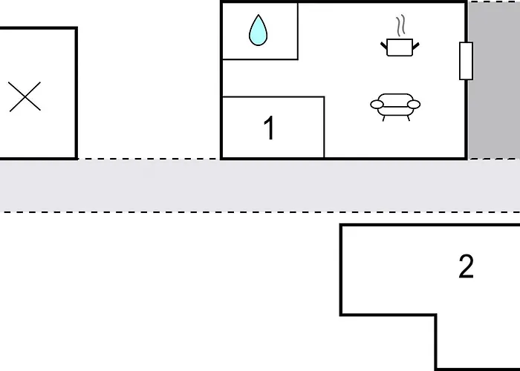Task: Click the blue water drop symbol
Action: pyautogui.click(x=258, y=30)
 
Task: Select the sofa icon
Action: pyautogui.click(x=395, y=106)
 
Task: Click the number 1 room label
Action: pyautogui.click(x=269, y=128)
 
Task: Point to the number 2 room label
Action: pyautogui.click(x=466, y=266)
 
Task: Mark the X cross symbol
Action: pyautogui.click(x=25, y=96)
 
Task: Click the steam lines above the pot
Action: pyautogui.click(x=401, y=25)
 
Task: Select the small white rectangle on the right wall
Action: pyautogui.click(x=466, y=61)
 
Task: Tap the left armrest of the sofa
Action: pyautogui.click(x=377, y=105)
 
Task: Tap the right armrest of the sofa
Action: pyautogui.click(x=414, y=105)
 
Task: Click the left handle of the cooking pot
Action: pyautogui.click(x=384, y=46)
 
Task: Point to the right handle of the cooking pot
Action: pyautogui.click(x=416, y=46)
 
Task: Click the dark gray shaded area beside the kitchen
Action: pyautogui.click(x=494, y=80)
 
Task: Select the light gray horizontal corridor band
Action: pyautogui.click(x=260, y=185)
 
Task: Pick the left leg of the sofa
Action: pyautogui.click(x=384, y=118)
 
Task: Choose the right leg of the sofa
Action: pyautogui.click(x=409, y=118)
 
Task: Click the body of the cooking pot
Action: pyautogui.click(x=400, y=47)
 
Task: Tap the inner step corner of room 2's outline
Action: pyautogui.click(x=435, y=315)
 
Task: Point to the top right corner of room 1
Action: pyautogui.click(x=324, y=96)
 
